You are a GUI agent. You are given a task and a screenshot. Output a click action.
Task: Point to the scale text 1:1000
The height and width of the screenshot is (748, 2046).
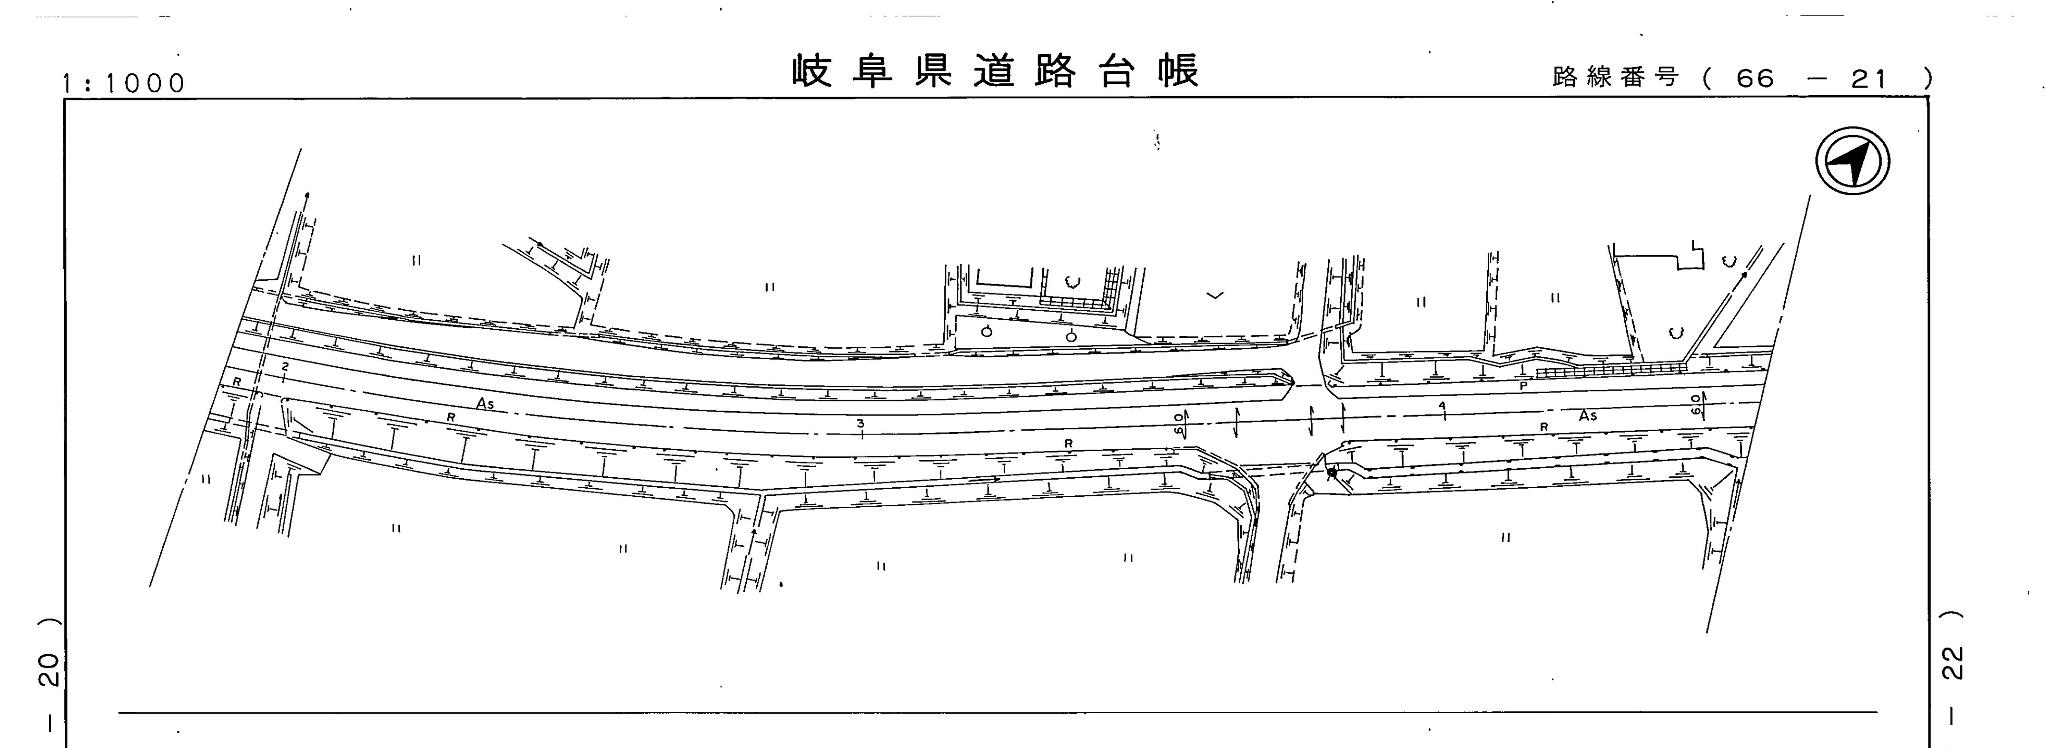coord(124,83)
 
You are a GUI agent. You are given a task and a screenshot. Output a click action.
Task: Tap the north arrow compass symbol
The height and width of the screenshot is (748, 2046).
coord(1852,162)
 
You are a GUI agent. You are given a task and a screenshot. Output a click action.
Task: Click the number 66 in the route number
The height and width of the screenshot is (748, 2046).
coord(1755,78)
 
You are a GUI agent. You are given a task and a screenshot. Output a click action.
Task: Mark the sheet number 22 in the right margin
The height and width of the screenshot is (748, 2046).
coord(1952,662)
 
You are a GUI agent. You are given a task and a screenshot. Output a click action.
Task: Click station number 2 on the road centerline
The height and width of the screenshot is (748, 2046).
coord(284,366)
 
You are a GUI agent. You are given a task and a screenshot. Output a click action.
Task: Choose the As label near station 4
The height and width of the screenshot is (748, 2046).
coord(1588,415)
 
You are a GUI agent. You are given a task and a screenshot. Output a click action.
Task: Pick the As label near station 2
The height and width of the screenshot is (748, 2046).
coord(484,404)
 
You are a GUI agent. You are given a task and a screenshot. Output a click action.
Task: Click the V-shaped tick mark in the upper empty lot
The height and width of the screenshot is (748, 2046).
coord(1215,296)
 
